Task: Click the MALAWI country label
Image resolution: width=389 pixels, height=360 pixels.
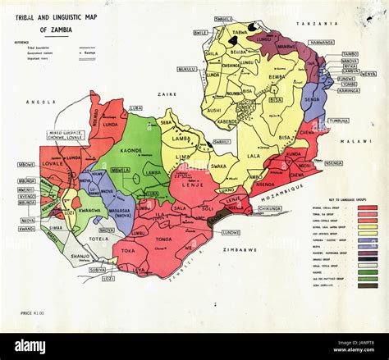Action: pos(359,141)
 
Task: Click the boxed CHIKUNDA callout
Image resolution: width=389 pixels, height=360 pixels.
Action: pos(269,208)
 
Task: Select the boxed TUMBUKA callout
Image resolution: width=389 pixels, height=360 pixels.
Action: pos(338,121)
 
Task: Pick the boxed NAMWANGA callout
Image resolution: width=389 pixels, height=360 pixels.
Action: pos(322,42)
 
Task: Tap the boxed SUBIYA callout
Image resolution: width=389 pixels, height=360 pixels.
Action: pos(97,269)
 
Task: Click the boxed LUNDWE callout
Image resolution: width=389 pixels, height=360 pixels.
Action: pos(231,232)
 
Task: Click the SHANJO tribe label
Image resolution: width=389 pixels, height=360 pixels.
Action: pos(80,255)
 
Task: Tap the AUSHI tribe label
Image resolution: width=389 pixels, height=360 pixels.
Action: pos(214,109)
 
